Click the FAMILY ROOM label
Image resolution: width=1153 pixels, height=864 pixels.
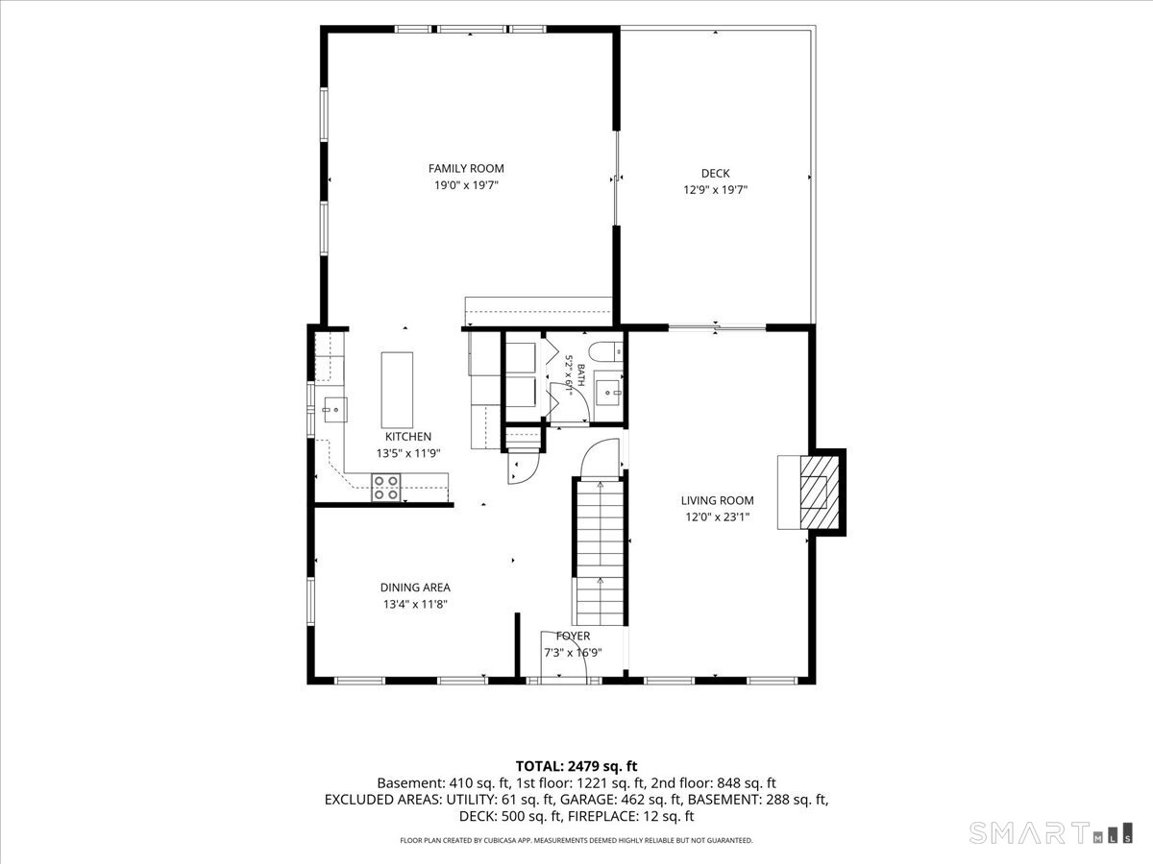pos(466,168)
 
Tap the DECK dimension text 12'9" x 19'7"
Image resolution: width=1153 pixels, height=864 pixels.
pos(716,190)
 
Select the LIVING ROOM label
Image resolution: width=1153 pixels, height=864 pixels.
pos(717,500)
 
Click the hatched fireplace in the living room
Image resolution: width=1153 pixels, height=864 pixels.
pos(820,492)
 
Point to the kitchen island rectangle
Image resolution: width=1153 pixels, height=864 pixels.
pos(397,390)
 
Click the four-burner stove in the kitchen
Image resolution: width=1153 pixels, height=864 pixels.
pos(386,488)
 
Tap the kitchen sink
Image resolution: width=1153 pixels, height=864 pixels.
pos(335,410)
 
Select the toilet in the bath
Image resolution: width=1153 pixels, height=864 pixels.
pos(605,351)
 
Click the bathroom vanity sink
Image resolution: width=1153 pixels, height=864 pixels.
pos(609,392)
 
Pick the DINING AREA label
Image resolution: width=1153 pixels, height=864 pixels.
pos(415,588)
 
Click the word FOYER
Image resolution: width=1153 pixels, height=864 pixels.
pos(573,636)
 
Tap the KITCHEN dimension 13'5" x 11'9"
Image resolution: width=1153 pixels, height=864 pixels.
pos(408,453)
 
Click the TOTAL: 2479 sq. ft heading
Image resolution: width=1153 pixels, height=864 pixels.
pos(576,766)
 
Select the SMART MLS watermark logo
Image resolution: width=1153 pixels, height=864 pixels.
pos(1050,833)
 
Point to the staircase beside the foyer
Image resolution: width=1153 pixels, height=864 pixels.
pos(600,553)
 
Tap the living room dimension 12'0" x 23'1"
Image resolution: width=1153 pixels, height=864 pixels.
pos(717,517)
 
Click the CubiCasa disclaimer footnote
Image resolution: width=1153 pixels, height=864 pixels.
pos(576,840)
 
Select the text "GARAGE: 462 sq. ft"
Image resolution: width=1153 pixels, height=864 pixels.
pos(621,800)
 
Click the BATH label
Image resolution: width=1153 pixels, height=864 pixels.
pos(581,375)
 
